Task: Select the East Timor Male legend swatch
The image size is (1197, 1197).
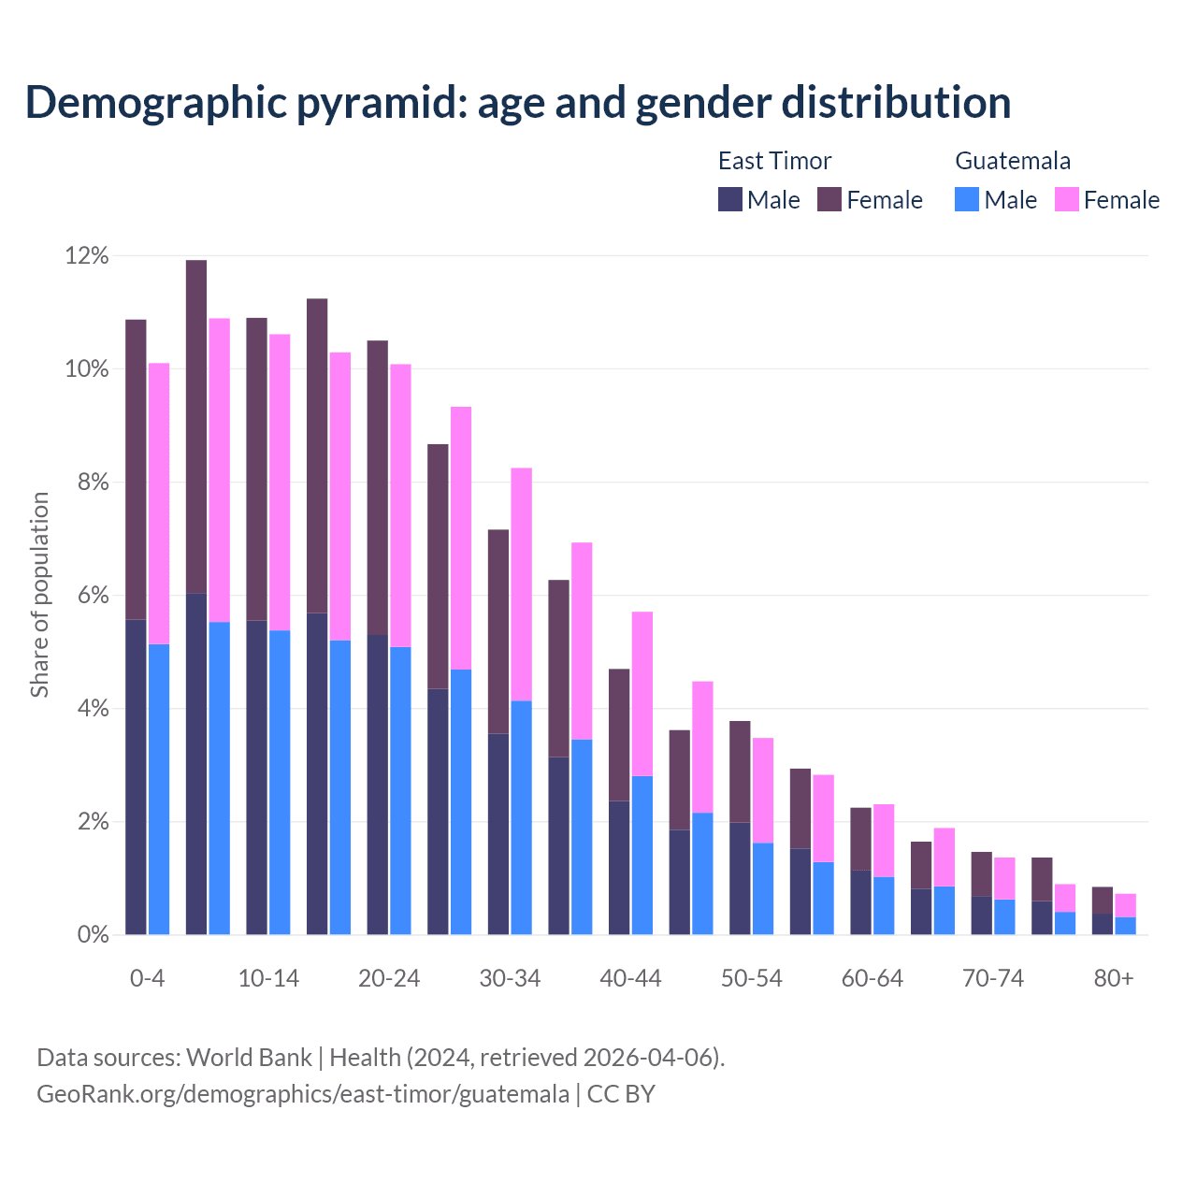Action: click(x=730, y=199)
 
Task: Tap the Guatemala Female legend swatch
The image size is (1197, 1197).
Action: click(x=1067, y=199)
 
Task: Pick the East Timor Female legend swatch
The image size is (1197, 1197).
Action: click(x=829, y=199)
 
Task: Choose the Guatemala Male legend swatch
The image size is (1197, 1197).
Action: click(x=967, y=199)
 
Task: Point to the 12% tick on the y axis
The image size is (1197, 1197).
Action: click(x=87, y=256)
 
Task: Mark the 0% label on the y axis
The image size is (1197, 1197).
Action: click(x=92, y=935)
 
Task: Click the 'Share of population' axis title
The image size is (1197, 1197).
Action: click(x=39, y=595)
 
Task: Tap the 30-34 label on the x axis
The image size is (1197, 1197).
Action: click(x=510, y=979)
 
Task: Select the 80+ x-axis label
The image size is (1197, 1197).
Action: click(x=1114, y=979)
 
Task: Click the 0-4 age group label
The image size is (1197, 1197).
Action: click(x=147, y=979)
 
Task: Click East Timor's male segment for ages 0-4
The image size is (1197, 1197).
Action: click(x=136, y=776)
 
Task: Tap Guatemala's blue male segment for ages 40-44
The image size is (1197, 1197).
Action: click(x=642, y=856)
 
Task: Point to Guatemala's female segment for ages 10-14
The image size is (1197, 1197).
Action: click(x=280, y=483)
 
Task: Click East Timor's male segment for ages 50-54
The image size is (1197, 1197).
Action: click(x=740, y=879)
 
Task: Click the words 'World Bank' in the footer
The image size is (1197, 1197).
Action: click(x=249, y=1058)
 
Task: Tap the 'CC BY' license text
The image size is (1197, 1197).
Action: click(x=621, y=1094)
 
